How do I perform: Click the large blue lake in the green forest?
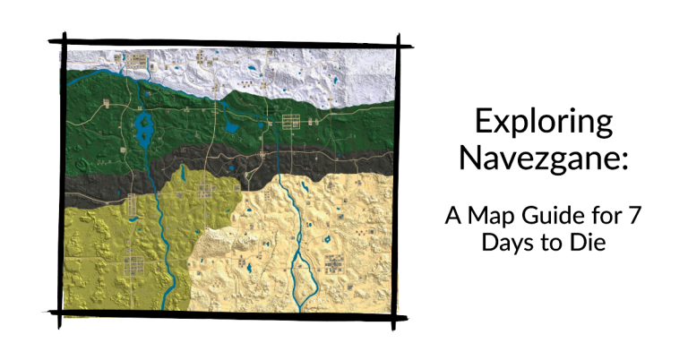143,126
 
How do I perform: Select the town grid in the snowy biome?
138,61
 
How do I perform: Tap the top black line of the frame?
224,42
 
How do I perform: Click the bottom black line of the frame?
224,314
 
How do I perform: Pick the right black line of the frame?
397,179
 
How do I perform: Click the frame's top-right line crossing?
399,43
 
